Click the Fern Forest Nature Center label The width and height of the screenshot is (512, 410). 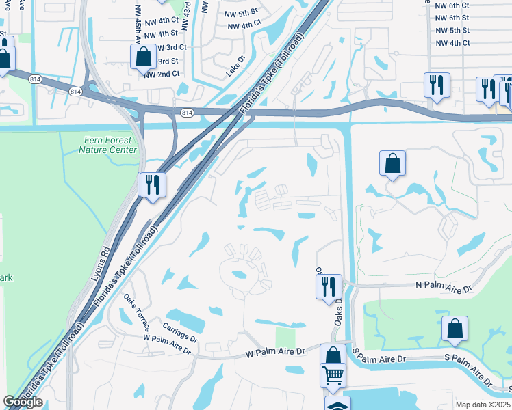tap(107, 145)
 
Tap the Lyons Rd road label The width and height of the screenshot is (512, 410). tap(100, 265)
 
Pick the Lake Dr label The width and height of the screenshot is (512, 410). tap(235, 66)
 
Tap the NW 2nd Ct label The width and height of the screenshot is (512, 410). tap(162, 74)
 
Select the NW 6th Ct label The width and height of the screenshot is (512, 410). tap(452, 5)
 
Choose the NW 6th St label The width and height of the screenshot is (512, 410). tap(452, 18)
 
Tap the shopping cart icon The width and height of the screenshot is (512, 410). tap(333, 375)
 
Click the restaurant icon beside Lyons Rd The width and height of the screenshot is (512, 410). tap(152, 184)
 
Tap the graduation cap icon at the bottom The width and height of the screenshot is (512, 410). tap(337, 404)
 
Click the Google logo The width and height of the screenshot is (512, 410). tap(23, 402)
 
